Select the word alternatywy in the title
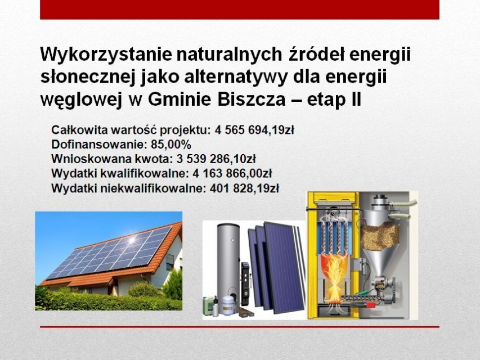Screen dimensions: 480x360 236,77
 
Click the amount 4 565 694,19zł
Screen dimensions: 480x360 254,130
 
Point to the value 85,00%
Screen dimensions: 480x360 171,145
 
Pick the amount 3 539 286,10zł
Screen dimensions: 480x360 216,159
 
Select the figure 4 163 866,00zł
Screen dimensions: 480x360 232,174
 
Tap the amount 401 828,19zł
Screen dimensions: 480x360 244,188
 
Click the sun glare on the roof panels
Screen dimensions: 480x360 132,240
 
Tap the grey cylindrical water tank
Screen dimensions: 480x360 228,263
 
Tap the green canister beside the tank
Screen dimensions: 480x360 208,306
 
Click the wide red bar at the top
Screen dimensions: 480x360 240,10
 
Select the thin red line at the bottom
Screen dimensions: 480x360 240,327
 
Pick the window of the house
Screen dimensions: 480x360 170,262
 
